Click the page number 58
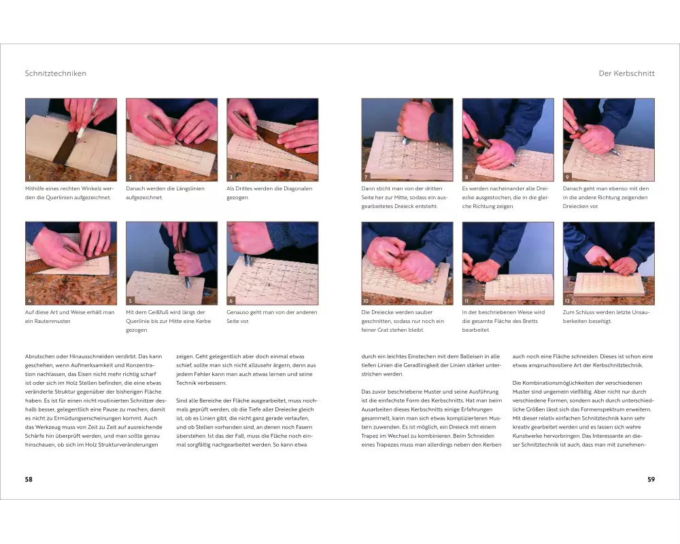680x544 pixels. tap(29, 479)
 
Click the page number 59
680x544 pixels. tap(651, 479)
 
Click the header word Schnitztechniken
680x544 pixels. tap(56, 73)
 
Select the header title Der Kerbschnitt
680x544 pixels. tap(627, 73)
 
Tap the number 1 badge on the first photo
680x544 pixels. tap(29, 177)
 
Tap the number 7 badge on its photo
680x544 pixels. tap(366, 177)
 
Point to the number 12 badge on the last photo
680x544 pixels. tap(567, 301)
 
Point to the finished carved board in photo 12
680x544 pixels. tap(609, 286)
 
